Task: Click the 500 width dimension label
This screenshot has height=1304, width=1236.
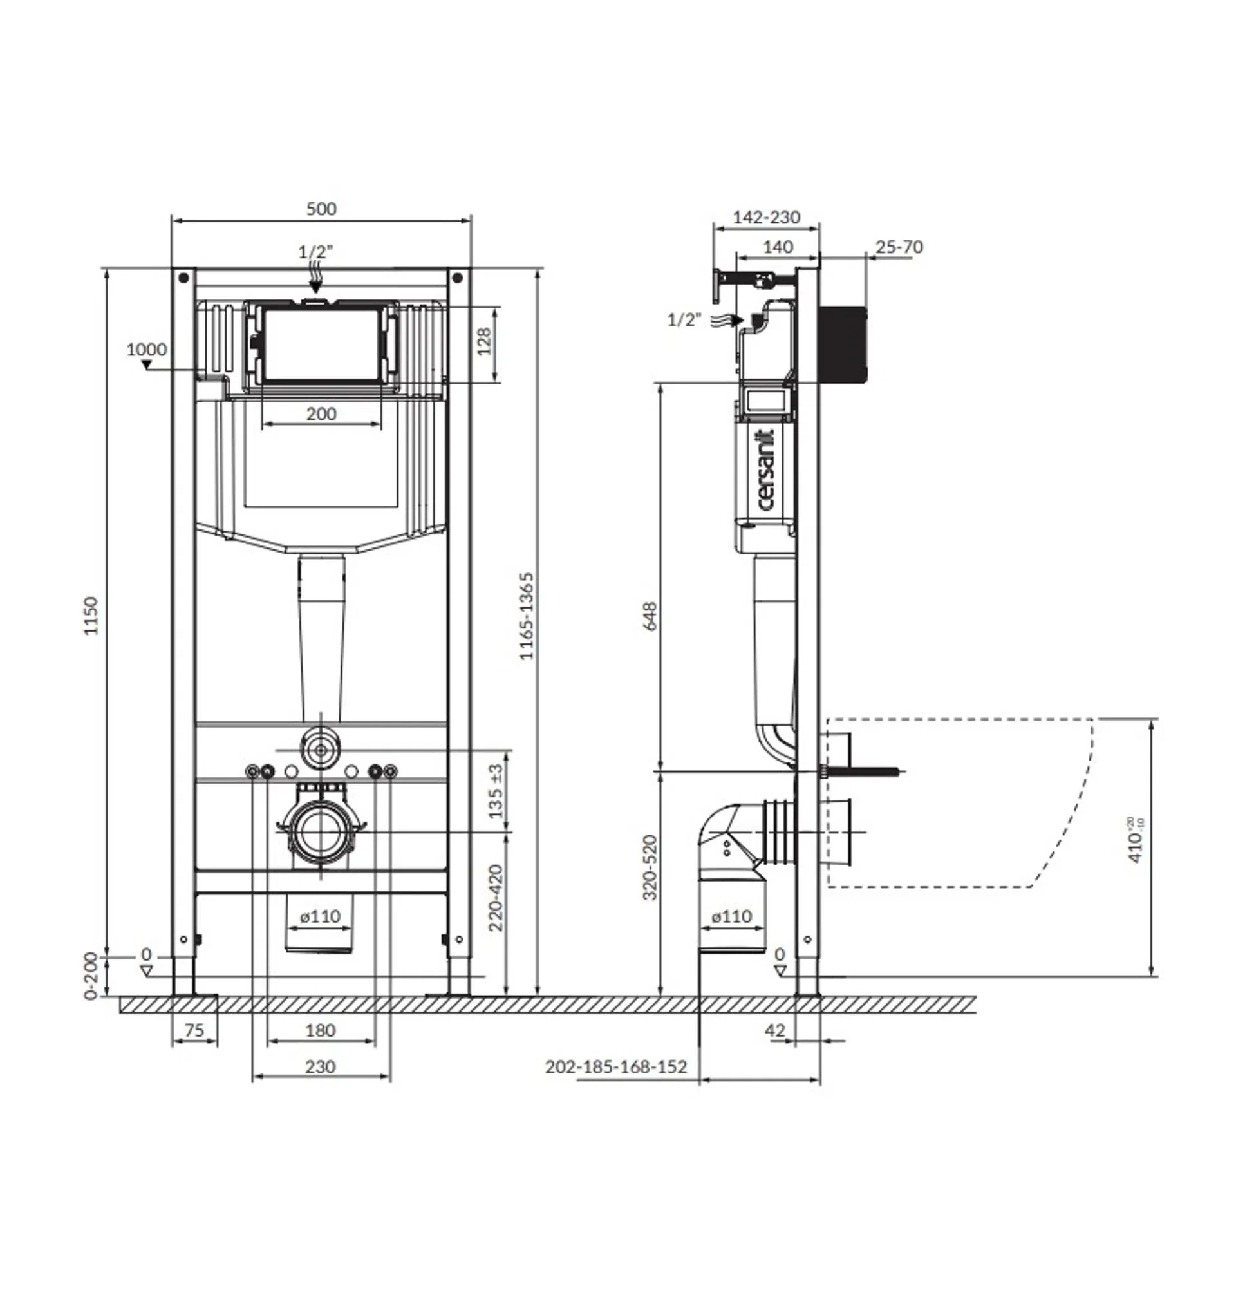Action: click(x=321, y=209)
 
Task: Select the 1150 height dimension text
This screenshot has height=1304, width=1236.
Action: click(x=91, y=616)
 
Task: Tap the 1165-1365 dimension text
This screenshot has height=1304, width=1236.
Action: click(x=526, y=616)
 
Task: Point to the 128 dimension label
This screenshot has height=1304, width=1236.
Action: click(x=484, y=341)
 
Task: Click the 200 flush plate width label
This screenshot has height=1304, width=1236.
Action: click(x=321, y=414)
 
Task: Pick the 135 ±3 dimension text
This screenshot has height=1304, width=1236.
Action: click(x=496, y=791)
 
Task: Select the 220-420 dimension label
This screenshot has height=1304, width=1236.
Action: click(x=496, y=898)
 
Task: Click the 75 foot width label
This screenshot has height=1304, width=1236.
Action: click(x=194, y=1030)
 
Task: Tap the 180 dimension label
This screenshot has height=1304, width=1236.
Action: click(x=321, y=1030)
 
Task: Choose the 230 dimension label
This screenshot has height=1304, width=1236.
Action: click(x=321, y=1067)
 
